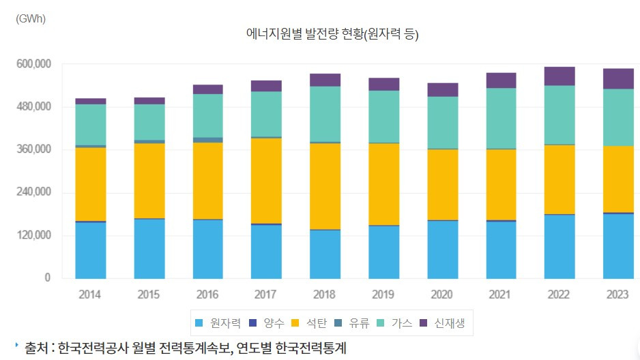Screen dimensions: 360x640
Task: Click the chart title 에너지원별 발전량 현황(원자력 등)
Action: [332, 34]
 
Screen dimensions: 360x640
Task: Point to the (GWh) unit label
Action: [30, 18]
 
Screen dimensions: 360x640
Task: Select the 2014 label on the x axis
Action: [90, 295]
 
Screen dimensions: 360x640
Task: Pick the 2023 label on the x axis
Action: [618, 295]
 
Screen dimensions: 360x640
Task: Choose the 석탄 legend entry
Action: [316, 322]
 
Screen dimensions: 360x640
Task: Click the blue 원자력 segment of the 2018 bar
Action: [325, 254]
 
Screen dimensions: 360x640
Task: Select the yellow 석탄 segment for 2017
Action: [266, 181]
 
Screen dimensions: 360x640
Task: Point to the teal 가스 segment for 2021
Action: [501, 118]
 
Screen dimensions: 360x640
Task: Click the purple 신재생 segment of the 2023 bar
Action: [618, 78]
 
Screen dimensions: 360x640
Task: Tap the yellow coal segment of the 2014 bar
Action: [90, 184]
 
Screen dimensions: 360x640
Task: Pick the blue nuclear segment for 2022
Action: [559, 246]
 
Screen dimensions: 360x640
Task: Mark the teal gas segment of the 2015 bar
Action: [149, 122]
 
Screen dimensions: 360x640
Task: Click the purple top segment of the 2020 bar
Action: [442, 89]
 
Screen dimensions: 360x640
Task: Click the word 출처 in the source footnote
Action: [35, 348]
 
